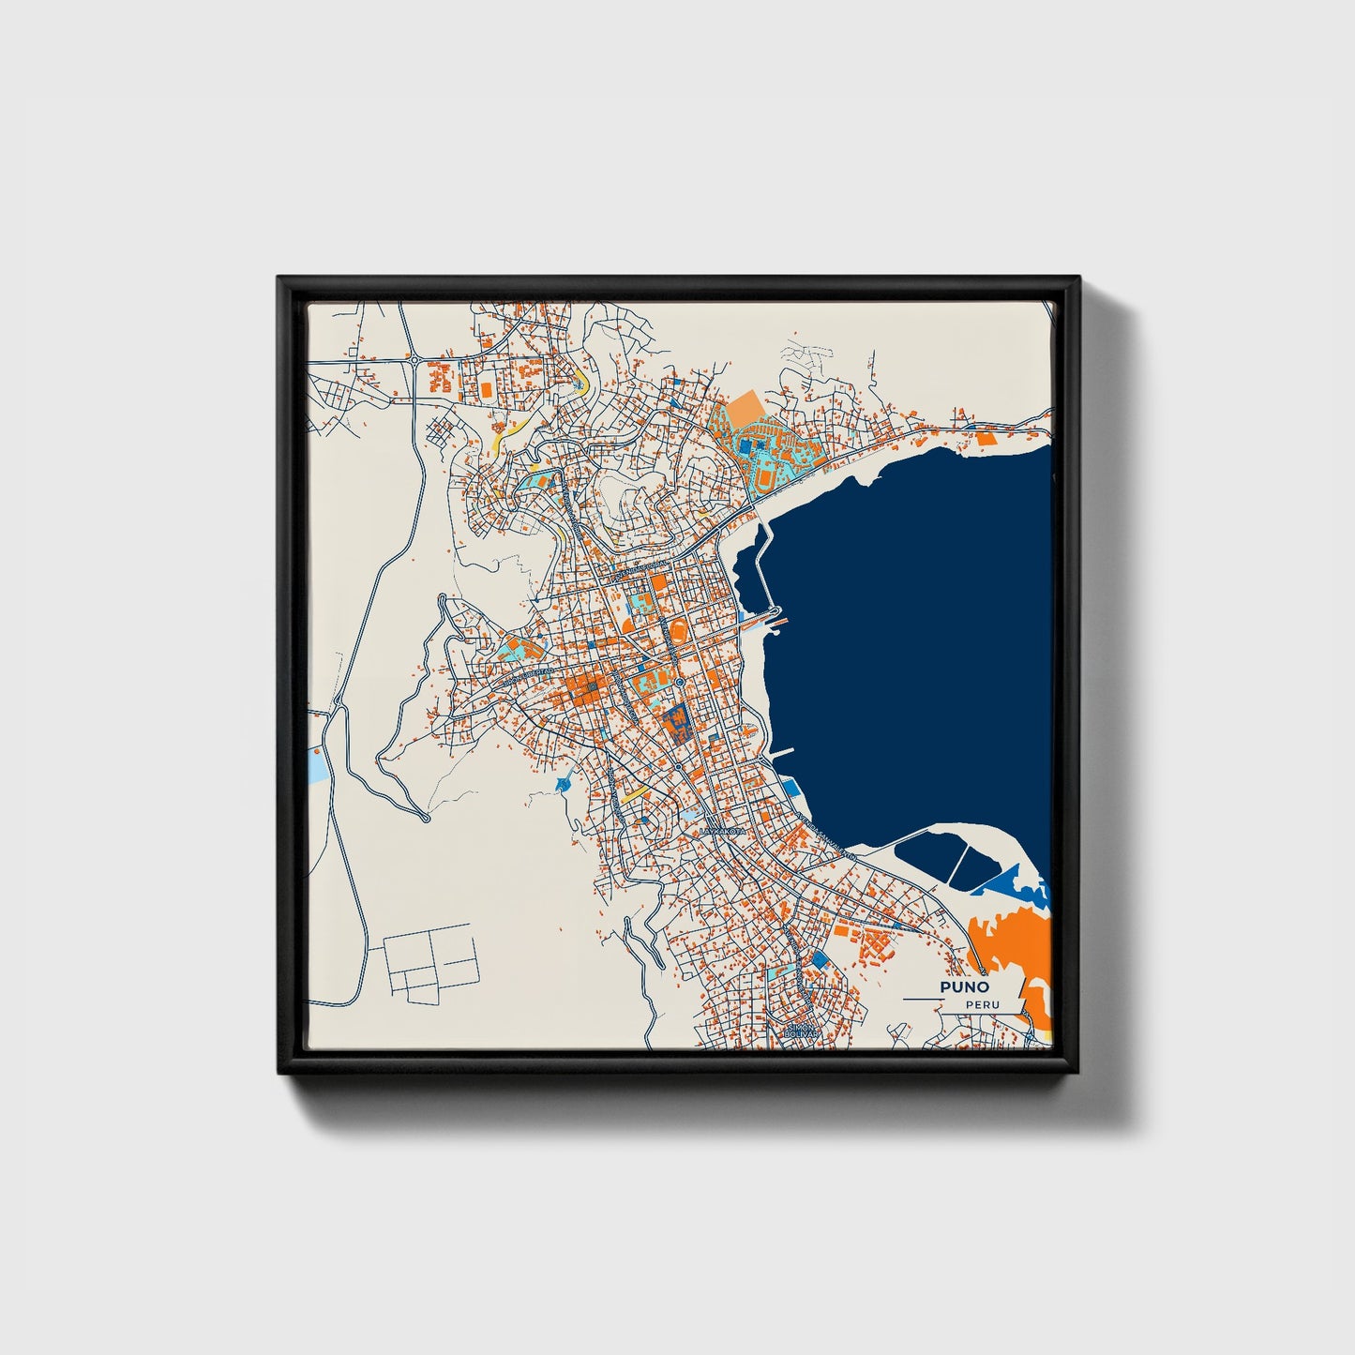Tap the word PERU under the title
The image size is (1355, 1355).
tap(982, 1005)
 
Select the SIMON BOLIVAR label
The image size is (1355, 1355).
tap(804, 1031)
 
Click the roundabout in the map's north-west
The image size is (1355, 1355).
tap(414, 358)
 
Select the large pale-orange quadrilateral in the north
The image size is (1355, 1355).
tap(746, 410)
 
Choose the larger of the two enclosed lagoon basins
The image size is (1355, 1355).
tap(928, 857)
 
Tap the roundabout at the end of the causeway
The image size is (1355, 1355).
tap(777, 615)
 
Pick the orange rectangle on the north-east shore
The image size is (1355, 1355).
tap(985, 437)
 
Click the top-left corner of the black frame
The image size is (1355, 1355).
tap(279, 279)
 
